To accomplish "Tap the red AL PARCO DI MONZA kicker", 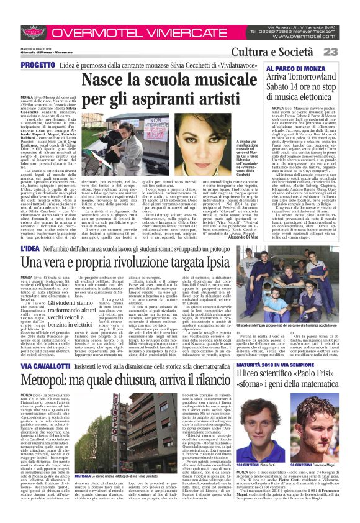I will [293, 67].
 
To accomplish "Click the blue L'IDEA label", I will [34, 231].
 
